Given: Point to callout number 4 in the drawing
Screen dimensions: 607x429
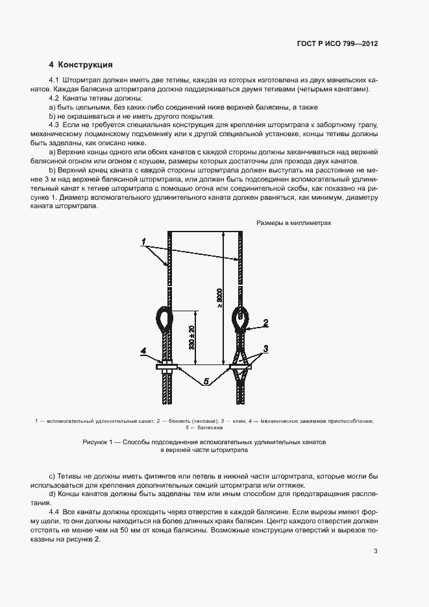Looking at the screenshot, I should coord(143,351).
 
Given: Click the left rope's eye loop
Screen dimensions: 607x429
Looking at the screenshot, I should coord(163,318).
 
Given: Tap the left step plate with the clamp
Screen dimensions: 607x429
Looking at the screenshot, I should coord(166,368).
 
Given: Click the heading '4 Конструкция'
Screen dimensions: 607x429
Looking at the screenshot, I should coord(81,65).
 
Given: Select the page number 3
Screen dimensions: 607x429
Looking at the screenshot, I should coord(375,551).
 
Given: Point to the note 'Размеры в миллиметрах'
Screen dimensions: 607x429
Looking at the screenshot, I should coord(293,222).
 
